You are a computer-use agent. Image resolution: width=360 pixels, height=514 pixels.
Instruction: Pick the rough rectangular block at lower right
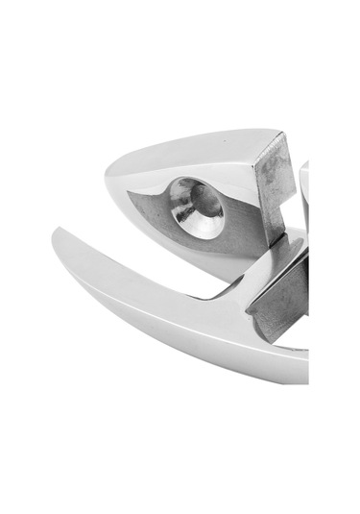(278, 298)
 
